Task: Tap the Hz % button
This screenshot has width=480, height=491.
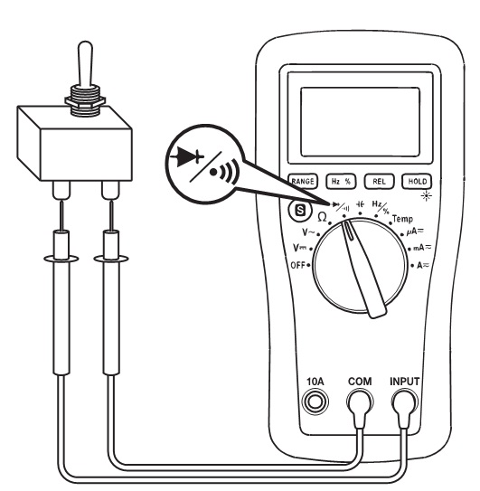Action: click(341, 182)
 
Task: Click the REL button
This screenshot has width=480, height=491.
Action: click(379, 182)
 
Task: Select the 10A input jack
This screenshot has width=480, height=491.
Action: click(315, 401)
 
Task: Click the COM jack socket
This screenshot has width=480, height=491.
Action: click(360, 401)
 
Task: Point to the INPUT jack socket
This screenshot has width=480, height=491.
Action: click(405, 401)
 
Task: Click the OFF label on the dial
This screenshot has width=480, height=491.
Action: click(297, 265)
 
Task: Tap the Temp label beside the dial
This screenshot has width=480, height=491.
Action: click(402, 219)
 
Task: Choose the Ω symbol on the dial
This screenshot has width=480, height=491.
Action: click(322, 217)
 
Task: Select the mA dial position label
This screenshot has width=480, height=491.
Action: click(422, 248)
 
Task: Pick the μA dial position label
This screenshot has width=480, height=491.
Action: click(415, 231)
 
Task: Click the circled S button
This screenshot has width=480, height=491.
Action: click(300, 210)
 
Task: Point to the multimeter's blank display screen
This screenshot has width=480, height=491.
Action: click(360, 122)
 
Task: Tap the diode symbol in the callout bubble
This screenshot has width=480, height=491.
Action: click(187, 156)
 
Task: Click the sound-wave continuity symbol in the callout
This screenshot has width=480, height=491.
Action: click(225, 171)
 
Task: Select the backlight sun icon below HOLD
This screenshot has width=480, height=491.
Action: click(426, 196)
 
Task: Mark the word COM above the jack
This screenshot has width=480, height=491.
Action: click(360, 382)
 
